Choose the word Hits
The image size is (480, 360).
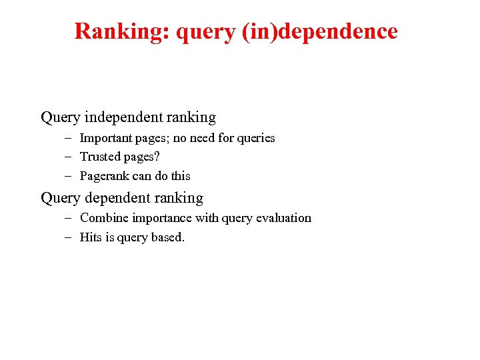(x=91, y=237)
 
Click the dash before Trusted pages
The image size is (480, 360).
(x=69, y=157)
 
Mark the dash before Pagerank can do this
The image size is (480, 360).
(x=69, y=176)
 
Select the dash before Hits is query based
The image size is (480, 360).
(x=69, y=237)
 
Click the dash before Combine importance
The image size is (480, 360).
(x=69, y=218)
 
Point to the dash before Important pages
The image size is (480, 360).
(x=69, y=138)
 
